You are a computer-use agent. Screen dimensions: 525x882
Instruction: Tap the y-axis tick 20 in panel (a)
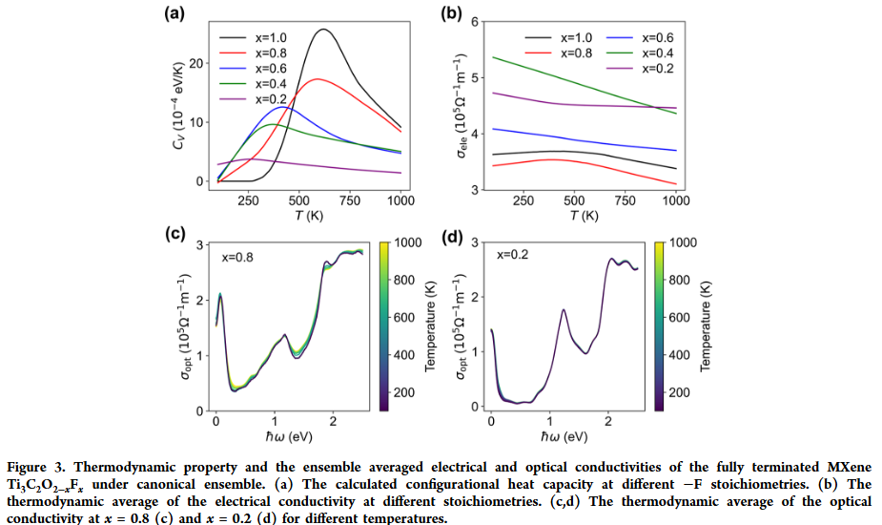pos(197,63)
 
